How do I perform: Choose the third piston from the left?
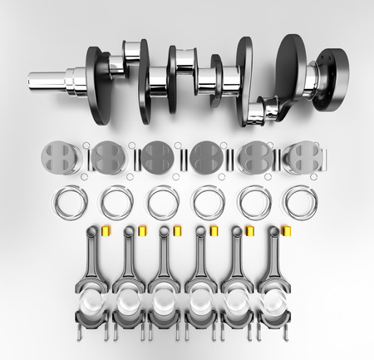point(157,157)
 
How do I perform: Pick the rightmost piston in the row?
point(303,157)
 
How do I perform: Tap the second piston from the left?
point(108,157)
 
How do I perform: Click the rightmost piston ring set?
point(300,202)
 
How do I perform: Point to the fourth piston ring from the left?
point(209,202)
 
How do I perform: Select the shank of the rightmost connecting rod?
point(273,258)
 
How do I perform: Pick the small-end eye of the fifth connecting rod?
point(237,234)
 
